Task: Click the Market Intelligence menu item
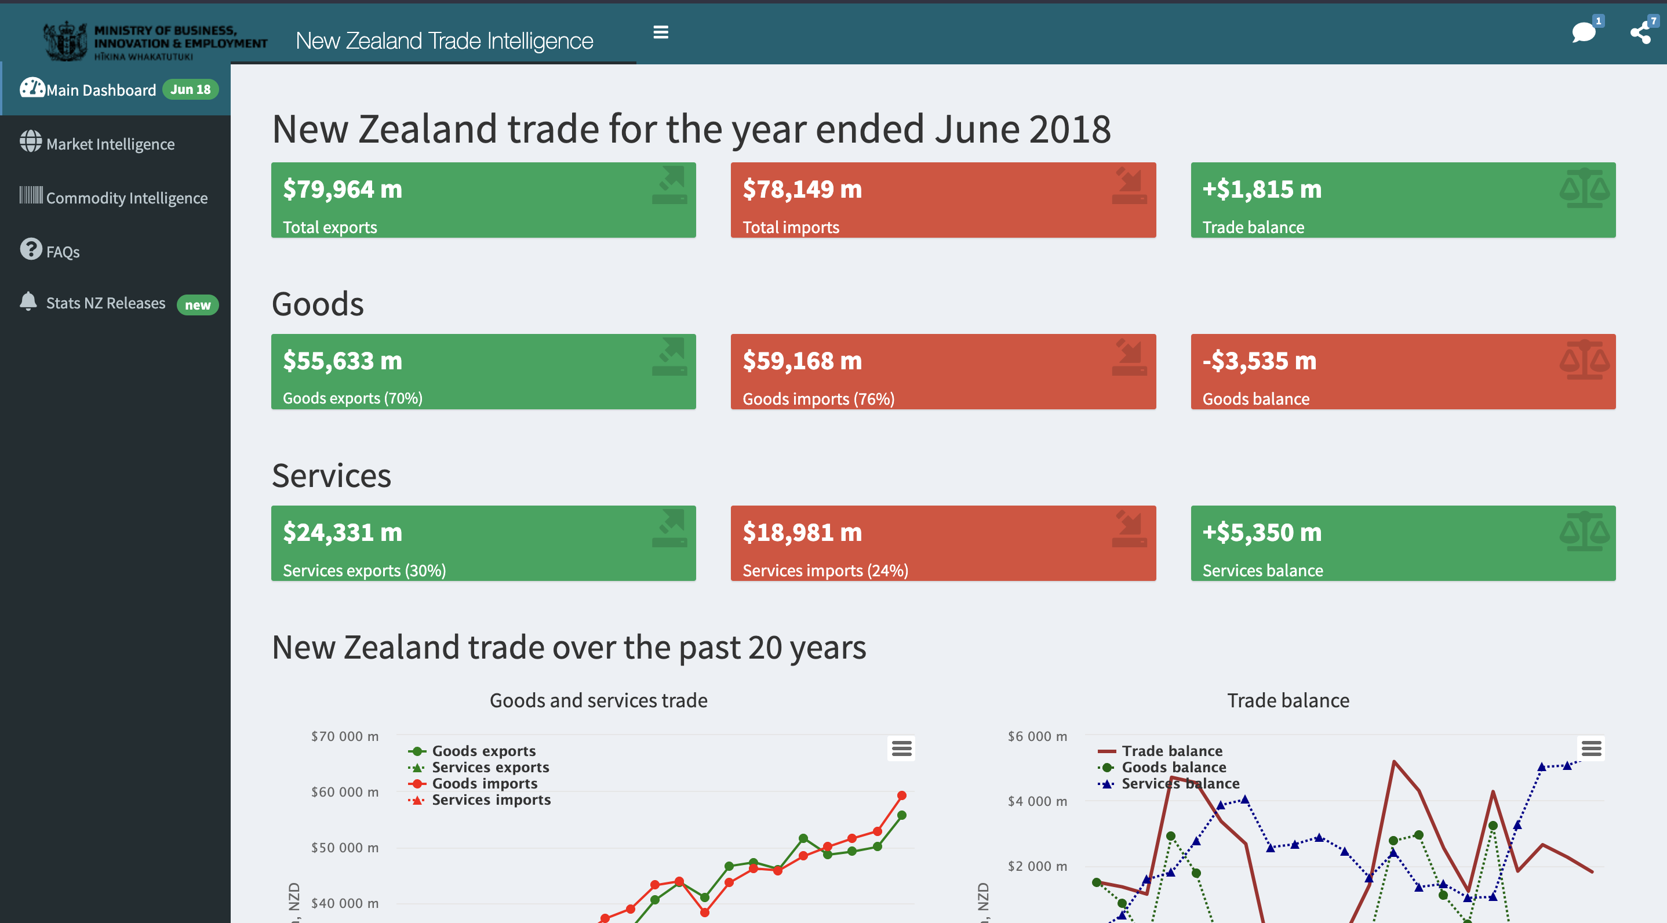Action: [x=110, y=144]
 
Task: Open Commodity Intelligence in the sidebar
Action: [x=126, y=198]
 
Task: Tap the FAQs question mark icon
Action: [x=30, y=249]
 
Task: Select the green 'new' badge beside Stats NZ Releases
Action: [x=198, y=305]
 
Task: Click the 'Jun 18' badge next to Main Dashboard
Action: [x=190, y=89]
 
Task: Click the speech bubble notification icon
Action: [x=1583, y=32]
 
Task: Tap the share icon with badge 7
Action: [x=1640, y=32]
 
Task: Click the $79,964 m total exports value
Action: [x=343, y=189]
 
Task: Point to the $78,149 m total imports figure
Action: [x=802, y=189]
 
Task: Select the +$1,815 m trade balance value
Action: [x=1261, y=189]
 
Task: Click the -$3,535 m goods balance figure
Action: [x=1259, y=361]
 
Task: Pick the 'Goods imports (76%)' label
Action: [x=818, y=399]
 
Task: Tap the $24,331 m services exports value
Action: [x=343, y=532]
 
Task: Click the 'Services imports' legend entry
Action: [x=490, y=800]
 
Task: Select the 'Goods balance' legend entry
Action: [x=1173, y=767]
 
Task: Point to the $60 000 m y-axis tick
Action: [x=344, y=791]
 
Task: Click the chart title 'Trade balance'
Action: [x=1288, y=700]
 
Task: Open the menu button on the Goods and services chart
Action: [x=901, y=748]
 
